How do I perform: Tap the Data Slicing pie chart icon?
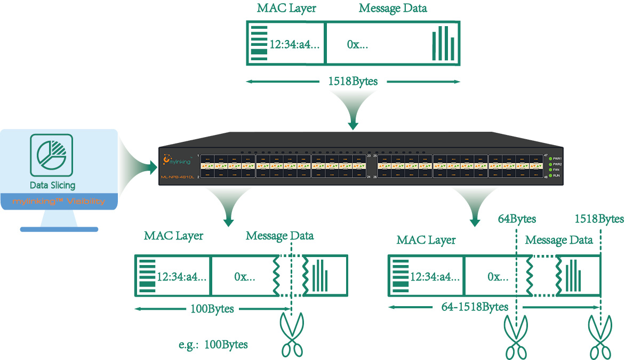52,155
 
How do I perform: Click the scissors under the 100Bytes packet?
291,335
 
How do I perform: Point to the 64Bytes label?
517,219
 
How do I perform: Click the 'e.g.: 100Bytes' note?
213,344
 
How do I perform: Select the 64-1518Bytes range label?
475,307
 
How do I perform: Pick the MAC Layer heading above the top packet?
286,9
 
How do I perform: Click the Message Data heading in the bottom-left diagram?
279,235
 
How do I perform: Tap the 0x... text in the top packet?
357,45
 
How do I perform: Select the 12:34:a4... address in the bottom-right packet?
434,277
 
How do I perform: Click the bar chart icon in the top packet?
444,44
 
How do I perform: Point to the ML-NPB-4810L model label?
177,177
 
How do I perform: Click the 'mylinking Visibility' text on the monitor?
59,202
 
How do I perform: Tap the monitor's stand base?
59,229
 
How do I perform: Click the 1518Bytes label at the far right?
599,219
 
